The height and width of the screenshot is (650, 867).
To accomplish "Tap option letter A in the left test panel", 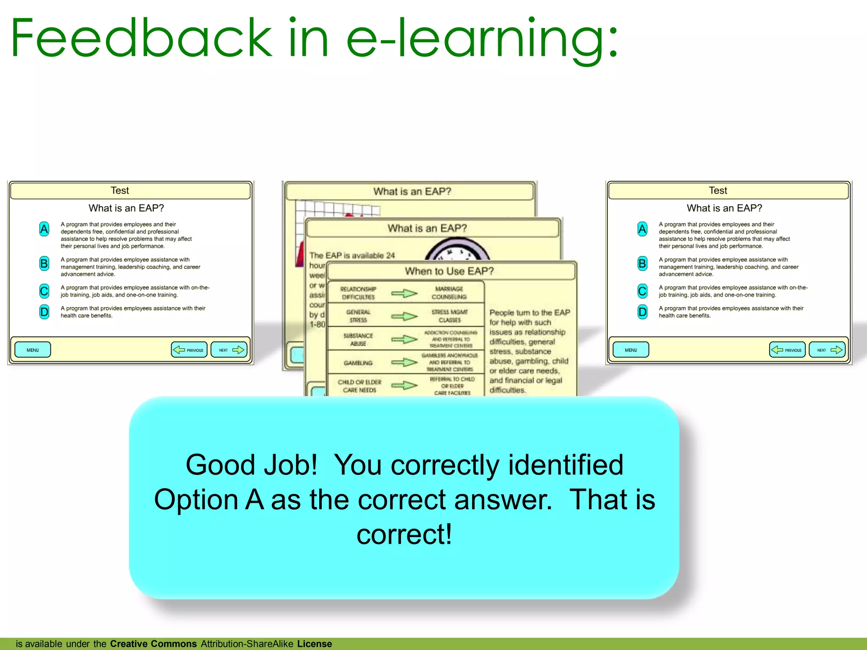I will (x=44, y=229).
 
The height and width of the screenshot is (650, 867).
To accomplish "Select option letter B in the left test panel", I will (x=44, y=264).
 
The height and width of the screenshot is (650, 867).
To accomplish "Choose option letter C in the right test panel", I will (x=642, y=291).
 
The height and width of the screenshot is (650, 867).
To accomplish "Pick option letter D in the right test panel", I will (x=642, y=312).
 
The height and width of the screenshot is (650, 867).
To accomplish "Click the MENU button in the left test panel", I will (x=33, y=350).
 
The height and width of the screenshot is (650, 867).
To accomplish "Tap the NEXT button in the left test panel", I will (x=229, y=350).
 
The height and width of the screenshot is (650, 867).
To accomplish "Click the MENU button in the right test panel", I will (x=631, y=350).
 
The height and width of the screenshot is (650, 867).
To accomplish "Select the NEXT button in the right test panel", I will (x=827, y=350).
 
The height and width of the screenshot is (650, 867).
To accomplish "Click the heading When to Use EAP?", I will (x=449, y=271).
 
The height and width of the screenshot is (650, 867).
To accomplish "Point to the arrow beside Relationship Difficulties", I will (x=404, y=293).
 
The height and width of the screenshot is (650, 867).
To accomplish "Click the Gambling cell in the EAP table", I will (x=358, y=363).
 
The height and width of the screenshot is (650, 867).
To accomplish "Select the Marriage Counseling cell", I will (x=449, y=293).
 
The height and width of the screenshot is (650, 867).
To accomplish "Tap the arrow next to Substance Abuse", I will (x=404, y=339).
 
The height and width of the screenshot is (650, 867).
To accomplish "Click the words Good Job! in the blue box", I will (x=251, y=465).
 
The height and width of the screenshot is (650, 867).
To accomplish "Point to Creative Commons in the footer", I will (x=153, y=644).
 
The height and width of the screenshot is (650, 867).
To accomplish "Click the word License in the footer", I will (x=314, y=644).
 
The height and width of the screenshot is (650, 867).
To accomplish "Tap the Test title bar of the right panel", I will (x=728, y=190).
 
